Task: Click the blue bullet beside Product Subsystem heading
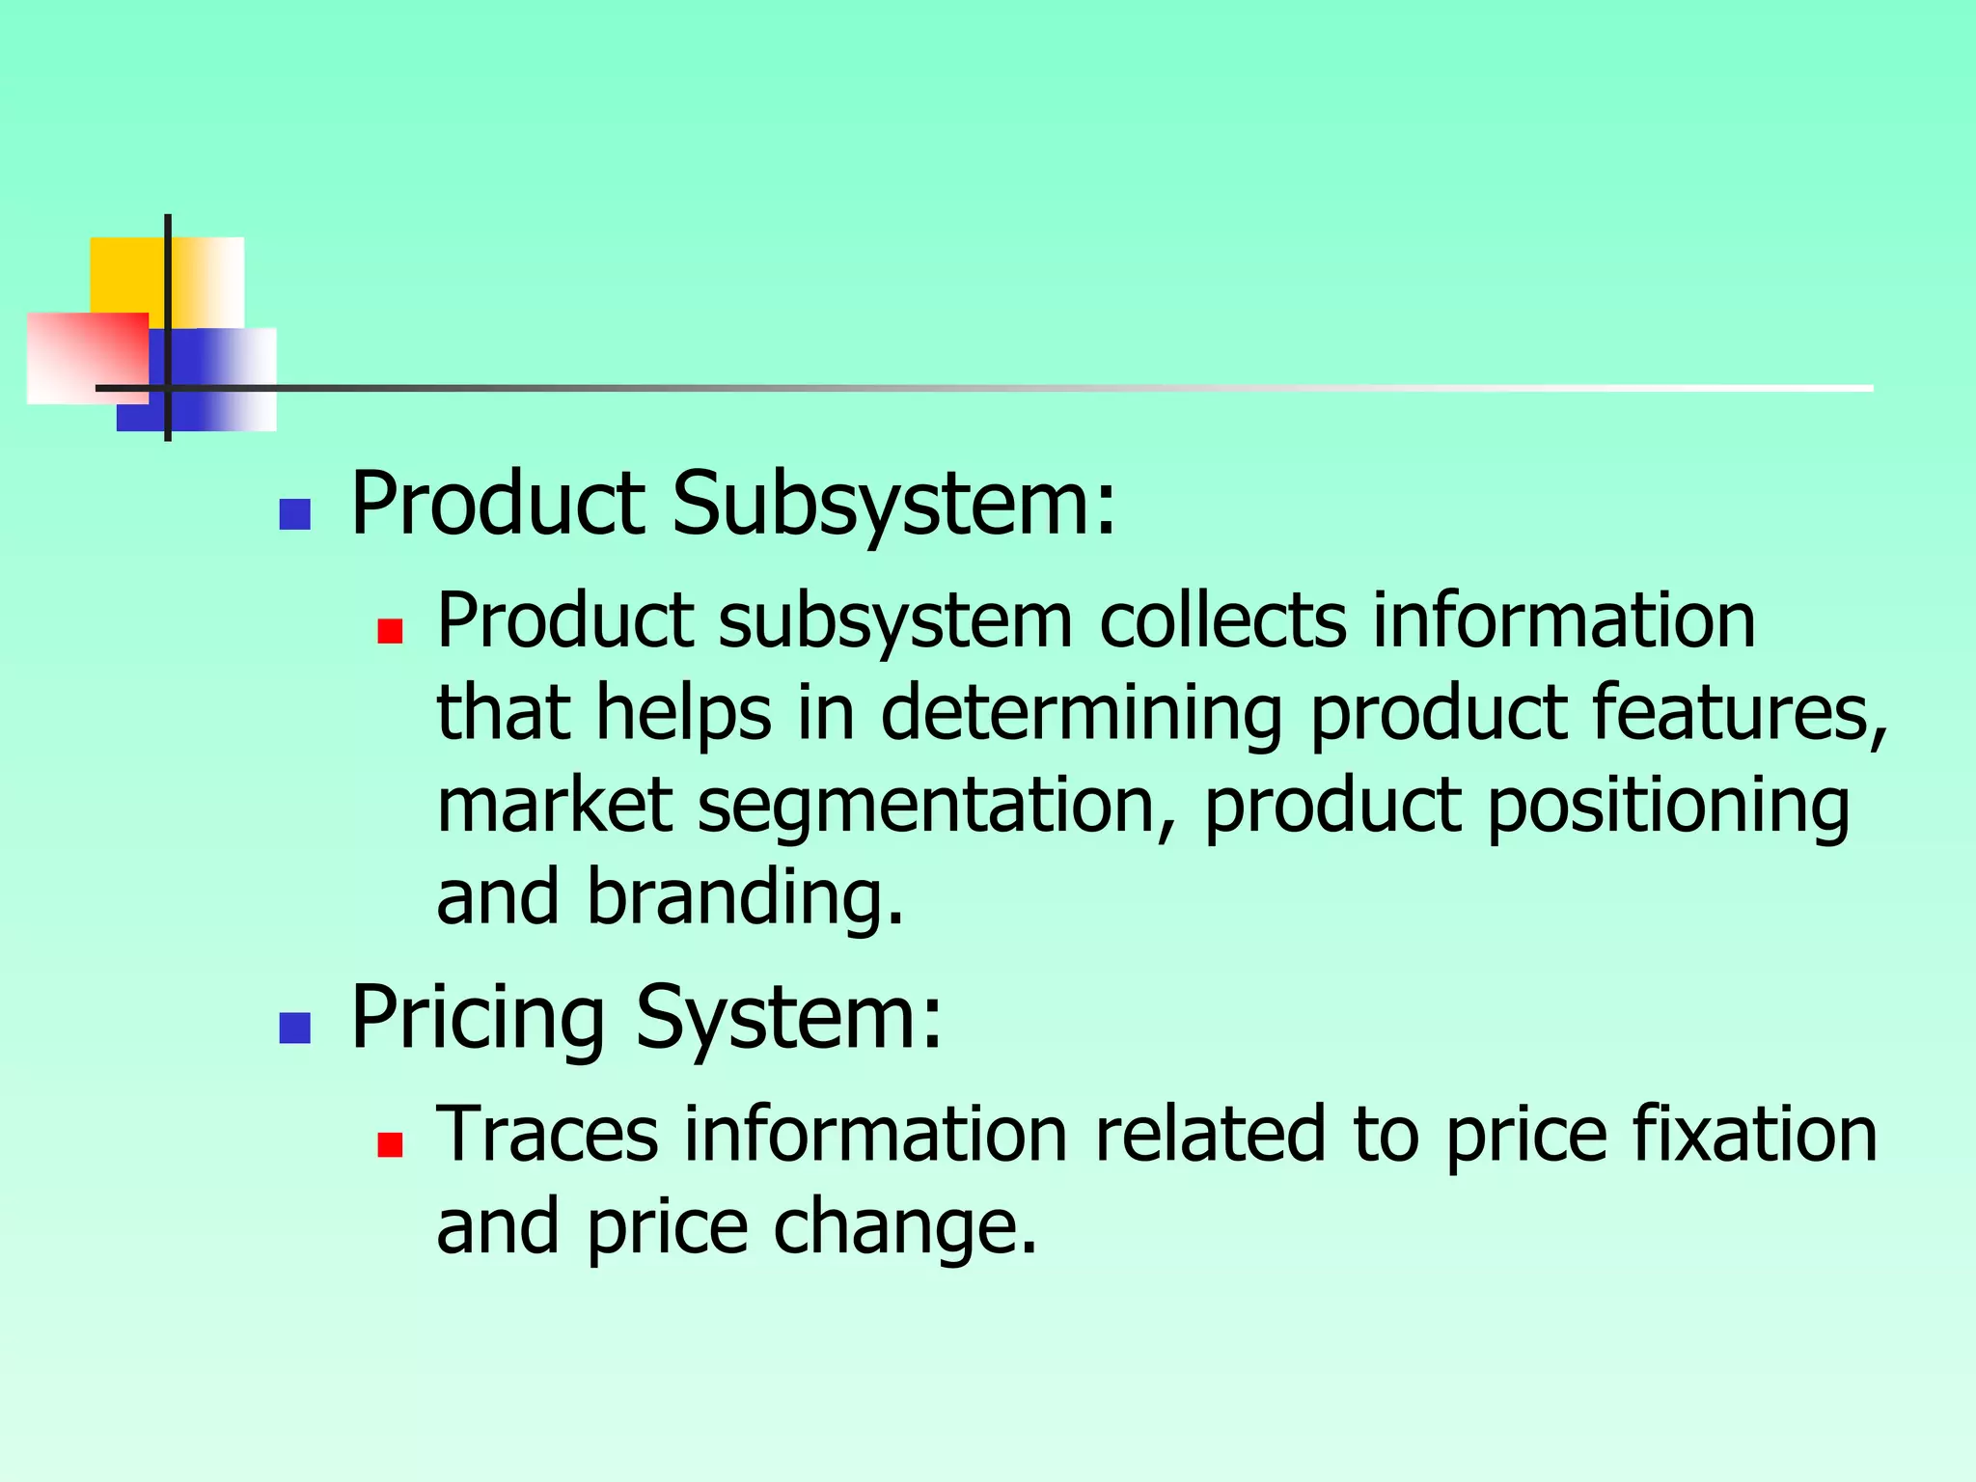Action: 294,514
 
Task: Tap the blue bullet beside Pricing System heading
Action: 294,1029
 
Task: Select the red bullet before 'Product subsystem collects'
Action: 390,631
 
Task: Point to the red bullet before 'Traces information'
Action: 390,1144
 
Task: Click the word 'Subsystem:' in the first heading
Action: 893,504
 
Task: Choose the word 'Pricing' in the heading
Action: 478,1018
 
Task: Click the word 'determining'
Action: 1081,713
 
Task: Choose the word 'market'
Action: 554,806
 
